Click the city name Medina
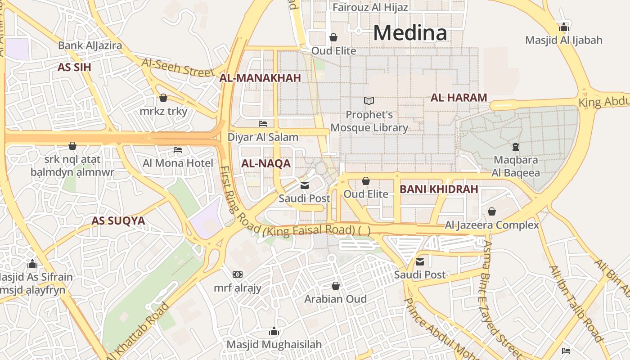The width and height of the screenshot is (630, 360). pyautogui.click(x=410, y=33)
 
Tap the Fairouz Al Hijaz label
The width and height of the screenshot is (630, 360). pyautogui.click(x=370, y=7)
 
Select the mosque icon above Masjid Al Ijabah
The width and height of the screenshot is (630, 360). pyautogui.click(x=563, y=27)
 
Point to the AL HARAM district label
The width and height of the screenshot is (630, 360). pyautogui.click(x=459, y=98)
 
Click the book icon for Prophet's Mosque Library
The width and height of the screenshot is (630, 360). pyautogui.click(x=369, y=101)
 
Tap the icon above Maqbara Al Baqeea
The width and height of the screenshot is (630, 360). pyautogui.click(x=515, y=146)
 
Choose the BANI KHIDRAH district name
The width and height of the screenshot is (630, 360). pyautogui.click(x=439, y=189)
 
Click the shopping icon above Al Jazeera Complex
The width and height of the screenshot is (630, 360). pyautogui.click(x=492, y=211)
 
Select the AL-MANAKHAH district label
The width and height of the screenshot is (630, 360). pyautogui.click(x=260, y=78)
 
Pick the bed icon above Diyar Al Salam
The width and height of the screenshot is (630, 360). pyautogui.click(x=263, y=123)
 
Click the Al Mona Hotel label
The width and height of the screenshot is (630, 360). pyautogui.click(x=178, y=163)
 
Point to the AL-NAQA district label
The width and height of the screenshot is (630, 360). pyautogui.click(x=266, y=164)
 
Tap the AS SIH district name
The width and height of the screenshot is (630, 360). pyautogui.click(x=74, y=67)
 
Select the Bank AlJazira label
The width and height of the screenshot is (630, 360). pyautogui.click(x=90, y=45)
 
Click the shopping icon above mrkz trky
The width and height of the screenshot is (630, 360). pyautogui.click(x=163, y=98)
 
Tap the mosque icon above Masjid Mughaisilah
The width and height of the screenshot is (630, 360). pyautogui.click(x=274, y=332)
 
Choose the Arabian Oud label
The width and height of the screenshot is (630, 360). pyautogui.click(x=335, y=299)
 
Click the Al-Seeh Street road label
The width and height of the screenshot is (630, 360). pyautogui.click(x=178, y=67)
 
